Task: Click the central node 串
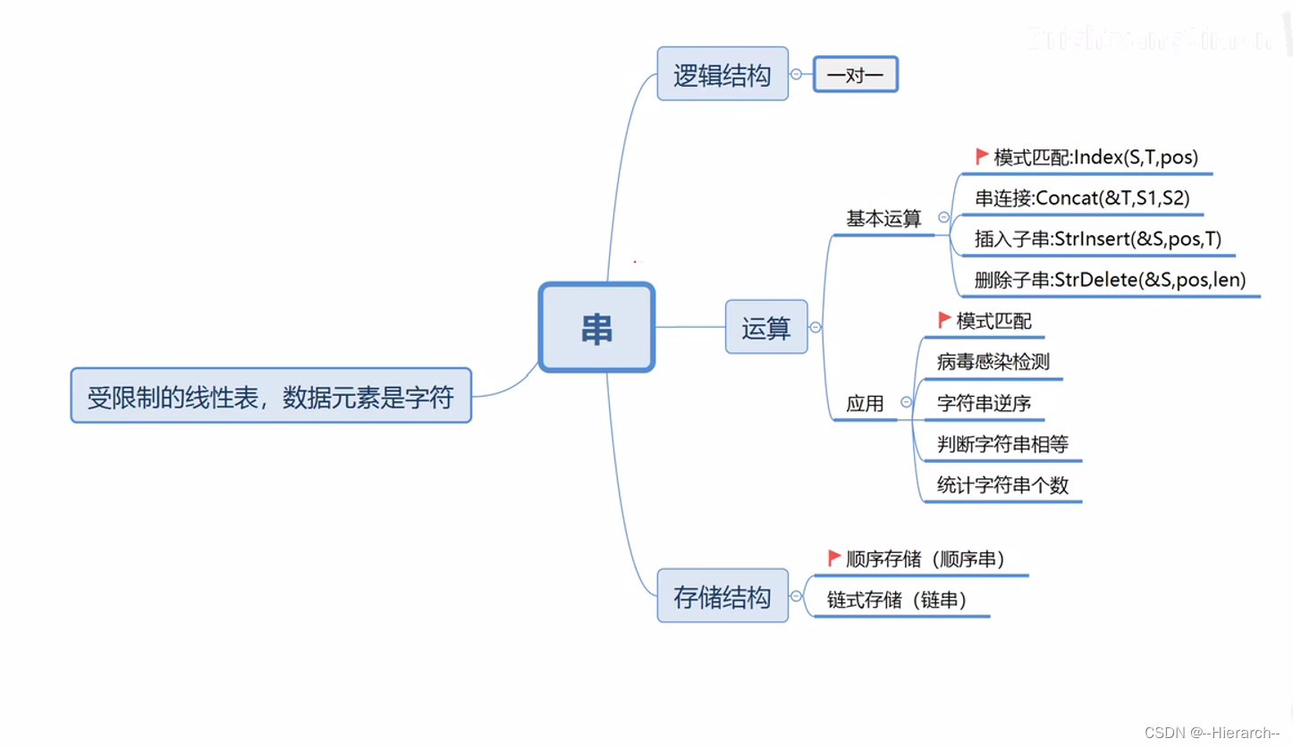596,327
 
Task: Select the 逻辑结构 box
723,74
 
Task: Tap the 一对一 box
855,75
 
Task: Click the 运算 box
766,327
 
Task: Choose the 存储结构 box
723,596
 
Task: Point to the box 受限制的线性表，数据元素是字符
270,396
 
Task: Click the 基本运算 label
883,218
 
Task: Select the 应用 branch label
865,403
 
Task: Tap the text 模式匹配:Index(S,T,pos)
1094,158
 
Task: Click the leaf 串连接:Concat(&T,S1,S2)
1082,198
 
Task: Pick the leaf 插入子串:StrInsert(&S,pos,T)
1098,239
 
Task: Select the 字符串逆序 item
984,403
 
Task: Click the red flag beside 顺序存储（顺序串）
834,558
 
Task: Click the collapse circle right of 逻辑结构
796,75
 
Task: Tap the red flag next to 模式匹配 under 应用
944,320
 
